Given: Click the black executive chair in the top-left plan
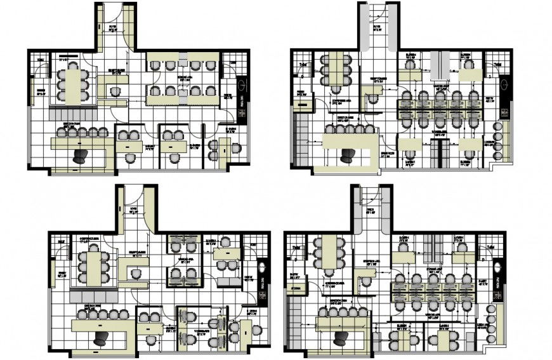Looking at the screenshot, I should point(80,156).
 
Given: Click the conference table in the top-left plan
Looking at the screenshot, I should point(74,84).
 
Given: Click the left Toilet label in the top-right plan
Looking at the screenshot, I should point(303,64).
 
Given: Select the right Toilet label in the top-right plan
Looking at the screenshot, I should point(498,64).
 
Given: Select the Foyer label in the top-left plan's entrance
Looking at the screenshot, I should point(113,27).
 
